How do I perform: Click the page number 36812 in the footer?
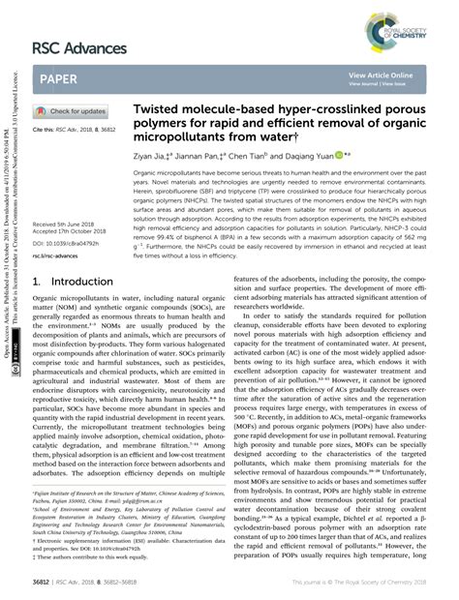[x=46, y=585]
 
